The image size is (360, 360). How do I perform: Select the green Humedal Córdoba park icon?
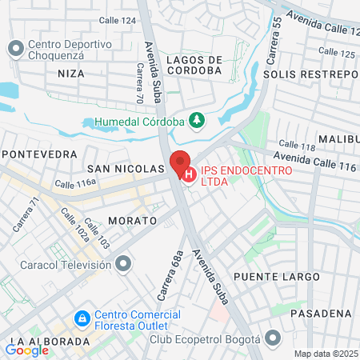tap(196, 122)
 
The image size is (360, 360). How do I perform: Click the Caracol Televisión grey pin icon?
tap(122, 263)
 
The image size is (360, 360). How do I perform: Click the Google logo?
tap(26, 350)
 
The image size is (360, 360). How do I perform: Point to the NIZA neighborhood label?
tap(70, 73)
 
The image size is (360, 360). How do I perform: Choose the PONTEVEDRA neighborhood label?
tap(40, 154)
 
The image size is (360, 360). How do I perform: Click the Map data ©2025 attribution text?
tap(326, 354)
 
